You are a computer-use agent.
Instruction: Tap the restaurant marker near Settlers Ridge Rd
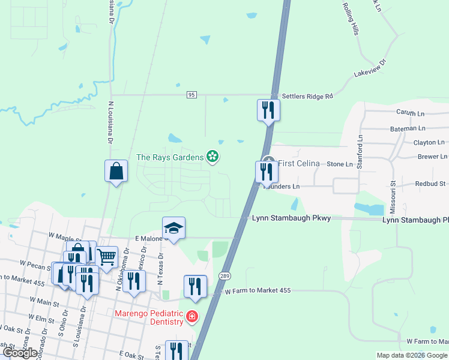point(268,110)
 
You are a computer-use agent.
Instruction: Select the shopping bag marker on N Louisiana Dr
point(115,172)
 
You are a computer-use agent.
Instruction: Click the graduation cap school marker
point(173,229)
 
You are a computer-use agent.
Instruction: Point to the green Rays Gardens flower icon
point(212,157)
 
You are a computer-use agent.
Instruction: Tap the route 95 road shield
point(191,95)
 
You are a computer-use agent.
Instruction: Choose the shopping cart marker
point(106,257)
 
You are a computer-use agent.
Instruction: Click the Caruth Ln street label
point(411,112)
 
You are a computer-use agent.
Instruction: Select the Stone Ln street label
point(340,164)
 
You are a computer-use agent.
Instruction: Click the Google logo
point(21,353)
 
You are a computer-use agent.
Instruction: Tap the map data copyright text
point(412,355)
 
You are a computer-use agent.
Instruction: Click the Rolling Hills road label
point(351,17)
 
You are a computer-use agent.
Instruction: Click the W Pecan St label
point(34,263)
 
